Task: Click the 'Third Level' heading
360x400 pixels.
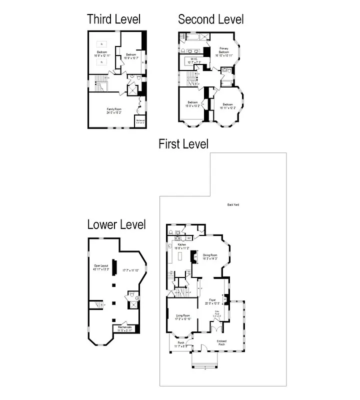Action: (113, 19)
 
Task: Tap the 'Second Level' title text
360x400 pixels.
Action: (211, 19)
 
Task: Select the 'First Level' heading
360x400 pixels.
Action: (183, 144)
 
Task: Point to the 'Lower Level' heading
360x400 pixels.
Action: (116, 224)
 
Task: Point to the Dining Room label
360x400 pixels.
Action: (209, 256)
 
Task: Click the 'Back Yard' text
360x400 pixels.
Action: (233, 204)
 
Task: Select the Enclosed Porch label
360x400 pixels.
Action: (221, 342)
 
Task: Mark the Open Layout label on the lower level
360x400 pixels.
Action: (100, 267)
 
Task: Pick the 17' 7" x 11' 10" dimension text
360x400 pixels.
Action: (132, 270)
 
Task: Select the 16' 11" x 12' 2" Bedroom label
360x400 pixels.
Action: (227, 105)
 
